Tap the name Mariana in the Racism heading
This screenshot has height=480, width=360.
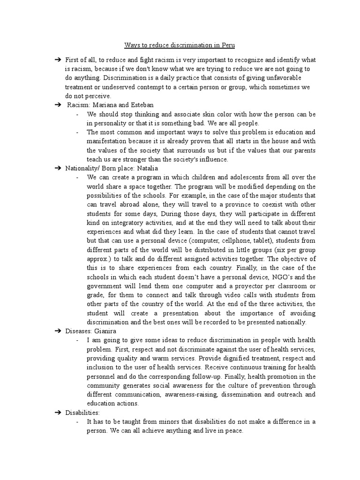(x=108, y=105)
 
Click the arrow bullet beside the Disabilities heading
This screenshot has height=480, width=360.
(x=58, y=412)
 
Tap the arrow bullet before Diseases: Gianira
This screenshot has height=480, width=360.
(x=58, y=330)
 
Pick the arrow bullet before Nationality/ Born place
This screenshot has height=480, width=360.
(x=58, y=168)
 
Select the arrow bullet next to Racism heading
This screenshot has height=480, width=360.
(x=58, y=105)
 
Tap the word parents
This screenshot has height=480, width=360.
(x=301, y=150)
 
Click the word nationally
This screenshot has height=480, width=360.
(x=290, y=322)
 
